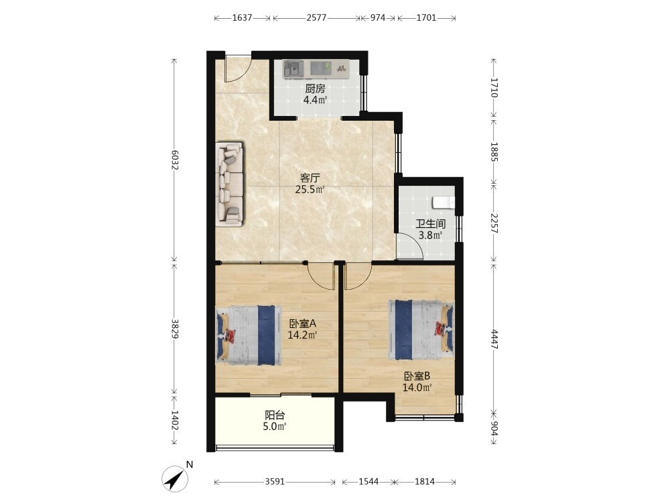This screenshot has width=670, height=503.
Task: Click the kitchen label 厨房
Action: tap(315, 89)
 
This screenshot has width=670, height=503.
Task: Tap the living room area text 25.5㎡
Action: tap(310, 189)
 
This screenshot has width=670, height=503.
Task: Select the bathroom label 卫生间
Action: tap(431, 224)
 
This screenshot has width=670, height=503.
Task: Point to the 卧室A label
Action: tap(302, 323)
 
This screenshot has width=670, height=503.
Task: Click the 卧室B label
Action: tap(417, 376)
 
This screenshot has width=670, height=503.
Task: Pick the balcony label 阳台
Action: tap(275, 415)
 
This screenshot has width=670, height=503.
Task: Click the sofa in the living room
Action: tap(230, 184)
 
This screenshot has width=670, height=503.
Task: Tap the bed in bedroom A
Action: tap(249, 335)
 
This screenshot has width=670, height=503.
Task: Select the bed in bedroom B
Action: tap(421, 330)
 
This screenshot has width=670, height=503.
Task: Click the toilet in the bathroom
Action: tap(443, 202)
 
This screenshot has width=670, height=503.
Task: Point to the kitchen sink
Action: tap(293, 68)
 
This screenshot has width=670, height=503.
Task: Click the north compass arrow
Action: tap(175, 478)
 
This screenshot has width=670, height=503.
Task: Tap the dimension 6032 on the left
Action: tap(174, 160)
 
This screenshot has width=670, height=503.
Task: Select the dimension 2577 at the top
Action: tap(317, 18)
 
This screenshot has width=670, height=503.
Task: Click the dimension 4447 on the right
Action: tap(494, 339)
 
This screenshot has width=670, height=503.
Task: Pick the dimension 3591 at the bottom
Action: tap(275, 482)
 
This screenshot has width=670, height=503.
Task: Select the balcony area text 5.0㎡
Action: tap(274, 427)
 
